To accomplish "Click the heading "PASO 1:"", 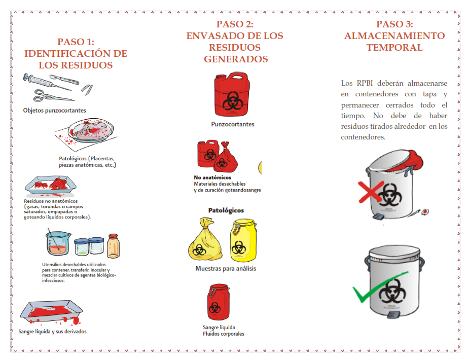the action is tap(76, 42).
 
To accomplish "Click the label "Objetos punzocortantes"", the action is tap(54, 110).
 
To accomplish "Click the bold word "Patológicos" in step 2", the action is tap(226, 210).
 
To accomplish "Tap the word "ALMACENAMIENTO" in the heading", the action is tap(394, 36).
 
